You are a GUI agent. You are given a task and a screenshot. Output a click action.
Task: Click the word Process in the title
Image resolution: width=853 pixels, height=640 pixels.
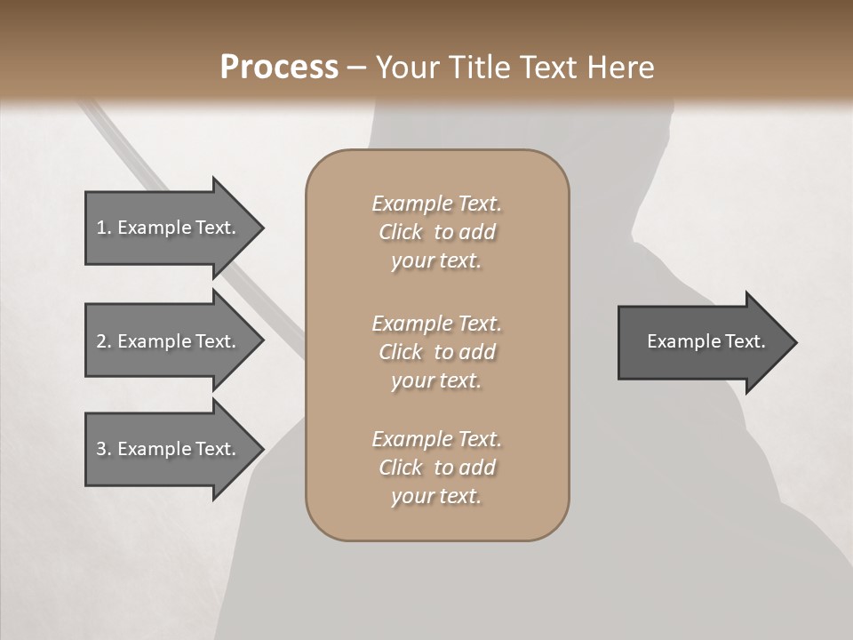click(279, 68)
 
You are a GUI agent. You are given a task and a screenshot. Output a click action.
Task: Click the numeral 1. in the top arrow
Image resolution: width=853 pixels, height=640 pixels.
click(104, 228)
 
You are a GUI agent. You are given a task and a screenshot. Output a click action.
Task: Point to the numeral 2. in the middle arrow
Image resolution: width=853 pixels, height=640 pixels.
click(104, 341)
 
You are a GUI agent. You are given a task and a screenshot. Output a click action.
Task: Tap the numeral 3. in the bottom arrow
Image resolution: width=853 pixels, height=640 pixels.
click(104, 449)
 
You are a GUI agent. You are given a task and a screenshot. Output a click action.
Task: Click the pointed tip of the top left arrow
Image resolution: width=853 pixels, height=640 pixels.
click(261, 228)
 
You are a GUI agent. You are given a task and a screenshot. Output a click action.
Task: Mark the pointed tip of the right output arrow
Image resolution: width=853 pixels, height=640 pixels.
click(794, 342)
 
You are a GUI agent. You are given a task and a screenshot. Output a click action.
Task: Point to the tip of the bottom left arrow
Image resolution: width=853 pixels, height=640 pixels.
click(261, 449)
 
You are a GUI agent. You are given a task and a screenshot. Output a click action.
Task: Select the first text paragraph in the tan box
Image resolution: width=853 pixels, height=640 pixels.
click(436, 232)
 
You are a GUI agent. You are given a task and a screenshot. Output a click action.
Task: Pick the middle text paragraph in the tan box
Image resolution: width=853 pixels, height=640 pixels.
click(436, 352)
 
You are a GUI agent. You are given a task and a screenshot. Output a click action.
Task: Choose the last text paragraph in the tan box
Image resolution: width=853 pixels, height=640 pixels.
click(436, 468)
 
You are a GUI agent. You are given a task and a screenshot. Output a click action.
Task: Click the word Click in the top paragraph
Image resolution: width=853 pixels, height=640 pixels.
click(401, 233)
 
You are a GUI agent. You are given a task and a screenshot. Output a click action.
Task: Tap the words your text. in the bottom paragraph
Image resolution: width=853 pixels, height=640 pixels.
click(436, 497)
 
